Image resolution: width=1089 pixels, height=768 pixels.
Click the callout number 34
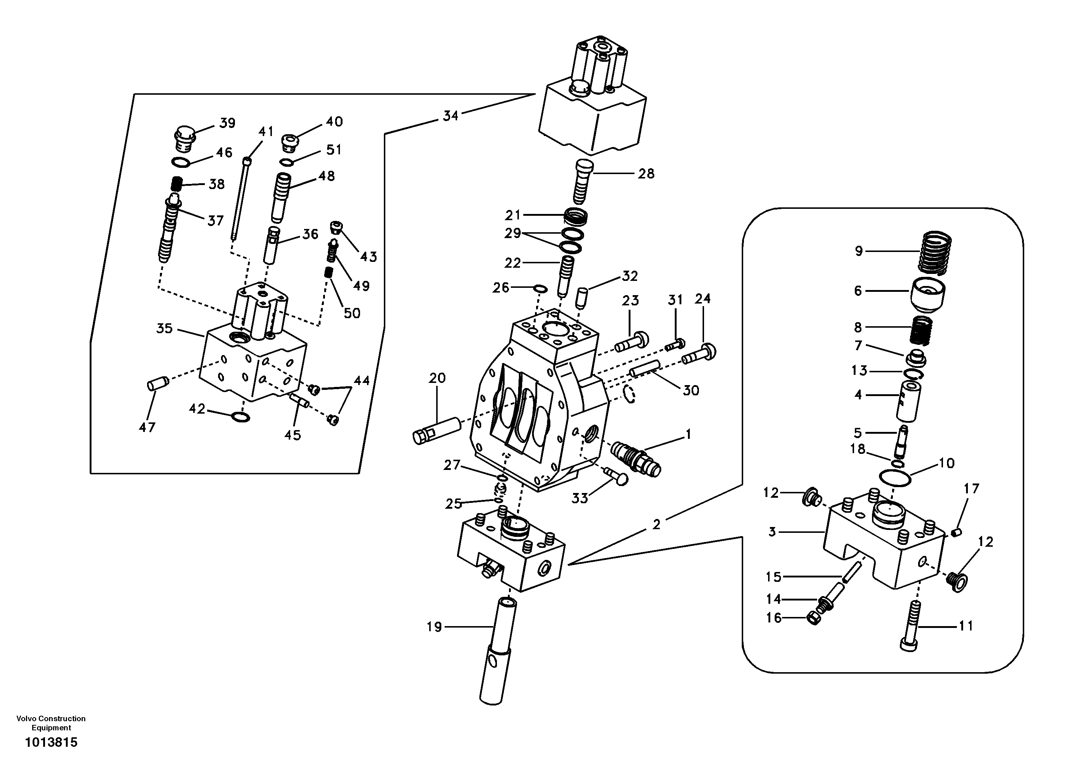coord(450,115)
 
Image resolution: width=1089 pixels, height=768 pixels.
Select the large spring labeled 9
coord(934,252)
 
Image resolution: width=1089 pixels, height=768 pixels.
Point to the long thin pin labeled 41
coord(240,199)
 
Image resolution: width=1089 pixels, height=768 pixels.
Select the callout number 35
coord(165,328)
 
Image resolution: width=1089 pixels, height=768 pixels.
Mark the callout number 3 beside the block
coord(772,532)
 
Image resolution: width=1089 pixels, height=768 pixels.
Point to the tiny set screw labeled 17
coord(956,533)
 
